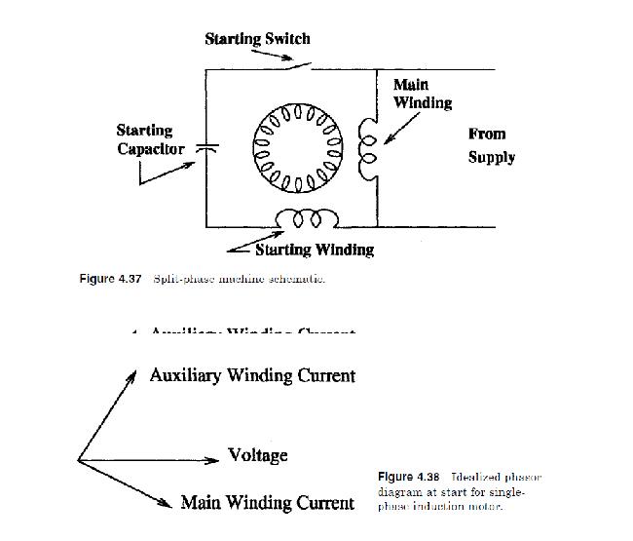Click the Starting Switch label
pyautogui.click(x=257, y=39)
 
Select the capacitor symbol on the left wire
pyautogui.click(x=206, y=147)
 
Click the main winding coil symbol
pyautogui.click(x=368, y=149)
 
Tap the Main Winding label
pyautogui.click(x=421, y=94)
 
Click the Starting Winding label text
pyautogui.click(x=314, y=250)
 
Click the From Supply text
pyautogui.click(x=491, y=145)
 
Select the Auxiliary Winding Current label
pyautogui.click(x=252, y=375)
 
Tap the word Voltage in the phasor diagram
pyautogui.click(x=257, y=455)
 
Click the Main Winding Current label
pyautogui.click(x=267, y=503)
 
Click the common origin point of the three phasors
pyautogui.click(x=79, y=460)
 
